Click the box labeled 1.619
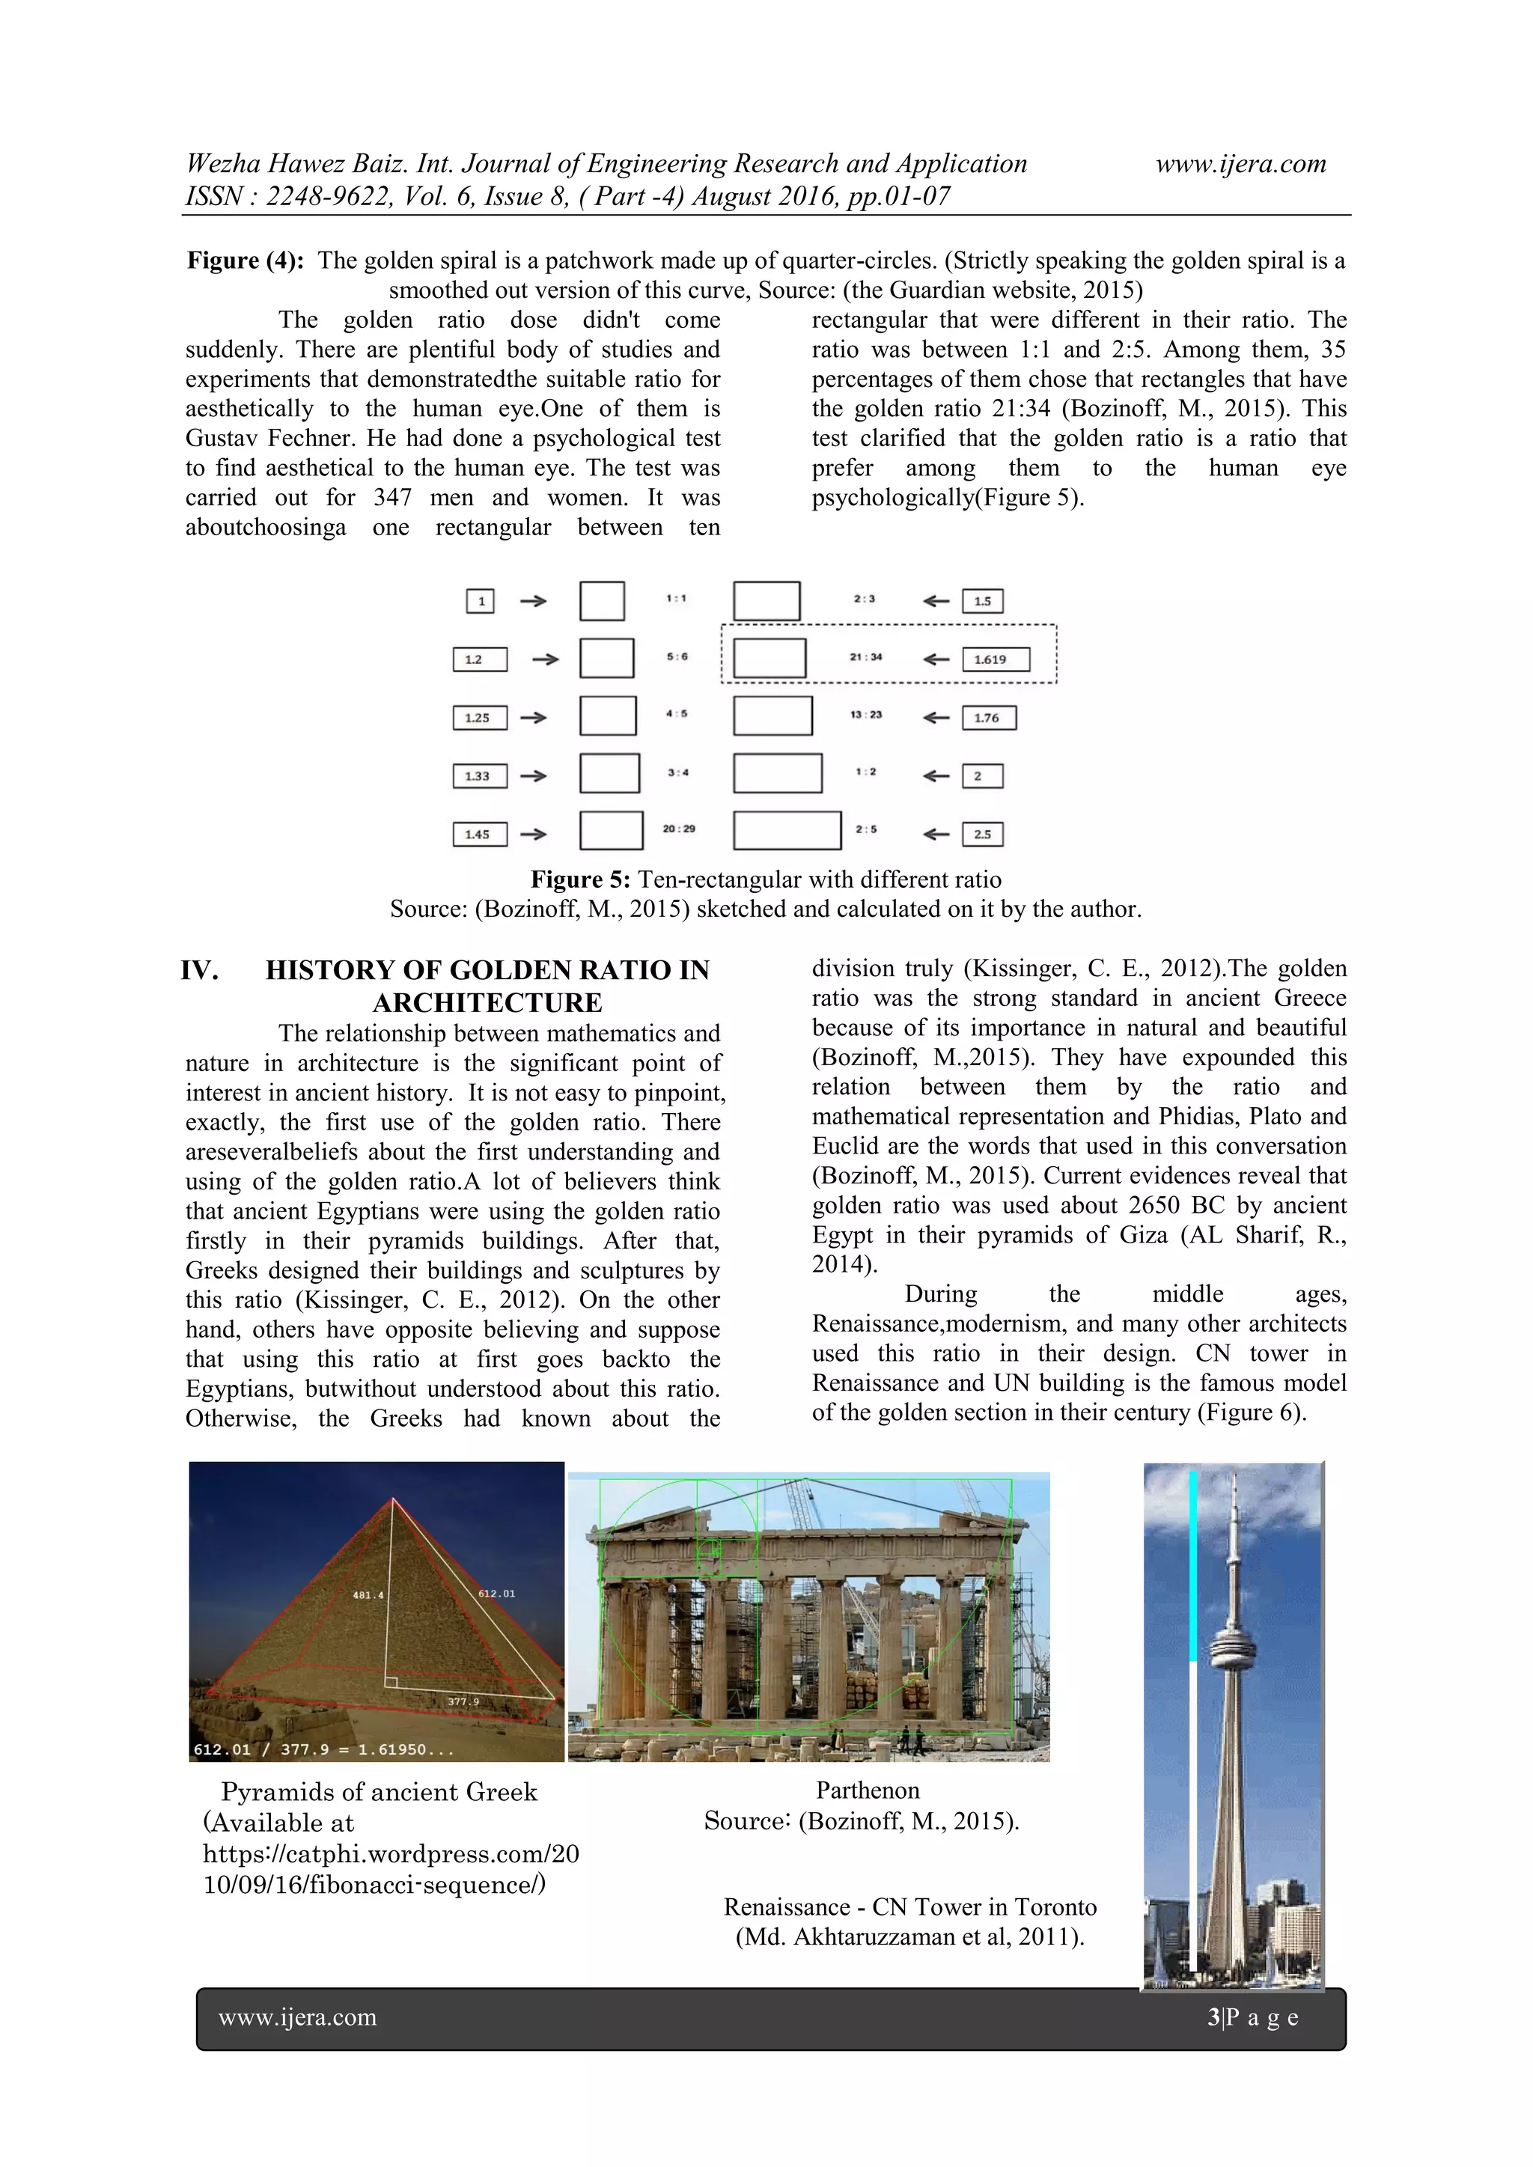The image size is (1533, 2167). [x=995, y=659]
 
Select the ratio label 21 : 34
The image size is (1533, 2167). [x=865, y=657]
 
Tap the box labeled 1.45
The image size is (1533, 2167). [x=480, y=835]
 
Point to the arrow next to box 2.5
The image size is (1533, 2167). [x=936, y=835]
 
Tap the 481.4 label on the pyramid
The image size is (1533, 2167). [x=368, y=1595]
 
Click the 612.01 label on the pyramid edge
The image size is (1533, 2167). [x=496, y=1593]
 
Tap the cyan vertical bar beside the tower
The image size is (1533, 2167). [x=1193, y=1567]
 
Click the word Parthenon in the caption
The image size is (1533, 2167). [x=867, y=1790]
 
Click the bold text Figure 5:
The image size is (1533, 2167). [x=579, y=880]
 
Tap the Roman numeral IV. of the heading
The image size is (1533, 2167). [x=200, y=970]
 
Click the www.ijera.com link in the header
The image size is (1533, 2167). [x=1240, y=164]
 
